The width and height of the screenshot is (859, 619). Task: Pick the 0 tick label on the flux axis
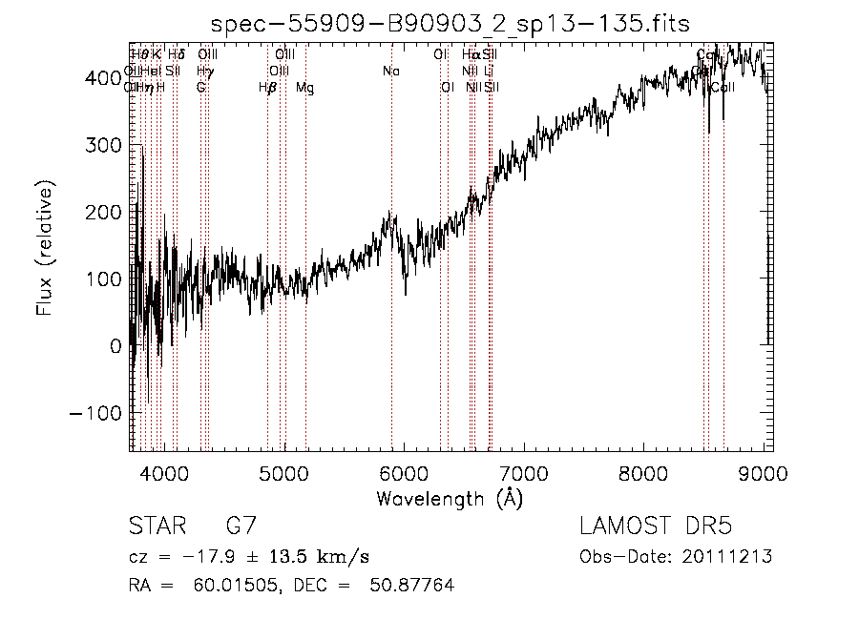pos(113,346)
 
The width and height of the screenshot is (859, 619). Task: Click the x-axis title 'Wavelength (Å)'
pos(450,498)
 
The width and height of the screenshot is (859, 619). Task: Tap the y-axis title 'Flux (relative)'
pos(45,247)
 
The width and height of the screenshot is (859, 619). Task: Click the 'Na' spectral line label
pos(390,71)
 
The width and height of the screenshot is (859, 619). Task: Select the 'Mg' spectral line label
pos(304,88)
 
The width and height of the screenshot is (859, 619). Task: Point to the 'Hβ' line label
pos(267,88)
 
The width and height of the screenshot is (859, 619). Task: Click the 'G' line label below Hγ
pos(200,88)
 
